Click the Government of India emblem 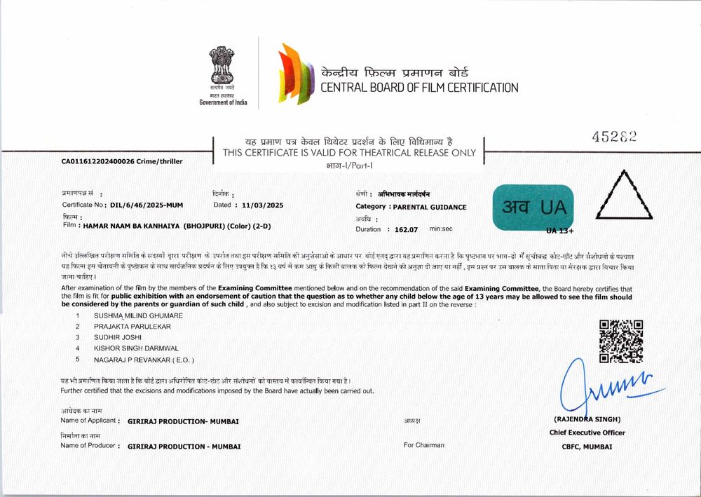pyautogui.click(x=222, y=70)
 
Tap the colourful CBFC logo pyautogui.click(x=295, y=74)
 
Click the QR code pyautogui.click(x=622, y=341)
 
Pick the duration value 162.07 pyautogui.click(x=406, y=229)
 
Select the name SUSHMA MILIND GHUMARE pyautogui.click(x=138, y=316)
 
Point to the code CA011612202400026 pyautogui.click(x=100, y=161)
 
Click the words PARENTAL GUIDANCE pyautogui.click(x=429, y=207)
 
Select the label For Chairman pyautogui.click(x=423, y=445)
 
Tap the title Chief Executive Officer pyautogui.click(x=587, y=433)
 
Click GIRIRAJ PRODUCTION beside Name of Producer pyautogui.click(x=184, y=446)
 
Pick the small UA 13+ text pyautogui.click(x=560, y=230)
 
